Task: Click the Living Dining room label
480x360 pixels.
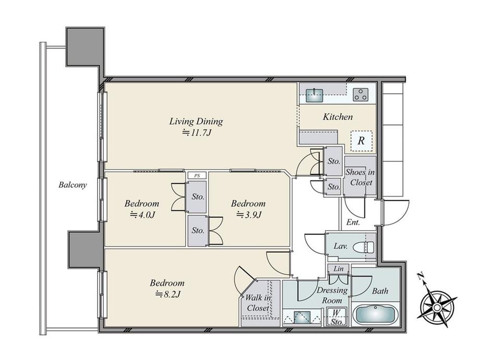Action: (x=196, y=122)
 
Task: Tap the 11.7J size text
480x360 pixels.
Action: (x=197, y=133)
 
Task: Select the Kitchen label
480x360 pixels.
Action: (x=338, y=117)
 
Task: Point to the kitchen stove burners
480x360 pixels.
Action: (x=361, y=94)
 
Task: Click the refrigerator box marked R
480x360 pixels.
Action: (x=362, y=141)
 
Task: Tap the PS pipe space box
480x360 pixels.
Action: (x=197, y=176)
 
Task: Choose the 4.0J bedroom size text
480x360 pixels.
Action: (x=142, y=215)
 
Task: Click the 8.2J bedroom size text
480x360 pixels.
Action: (x=167, y=294)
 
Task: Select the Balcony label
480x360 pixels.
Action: (x=73, y=185)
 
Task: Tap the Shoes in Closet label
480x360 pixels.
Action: (x=361, y=177)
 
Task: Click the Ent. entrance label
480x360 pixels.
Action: (x=353, y=223)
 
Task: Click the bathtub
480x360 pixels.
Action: (x=375, y=315)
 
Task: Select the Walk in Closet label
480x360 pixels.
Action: (x=258, y=303)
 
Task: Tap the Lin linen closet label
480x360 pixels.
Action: (x=338, y=269)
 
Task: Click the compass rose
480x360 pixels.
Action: (x=437, y=306)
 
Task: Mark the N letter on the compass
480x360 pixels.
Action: (x=421, y=277)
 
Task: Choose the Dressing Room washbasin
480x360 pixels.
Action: (x=302, y=317)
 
